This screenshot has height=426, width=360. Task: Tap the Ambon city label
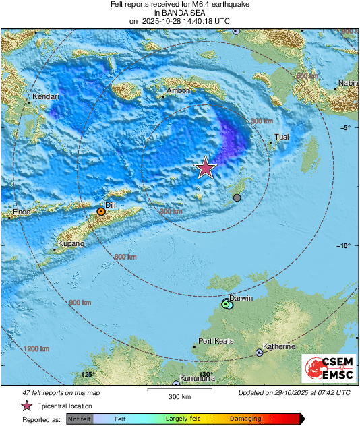179,90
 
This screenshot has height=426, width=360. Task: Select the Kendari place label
47,97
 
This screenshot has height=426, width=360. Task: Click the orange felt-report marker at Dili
100,212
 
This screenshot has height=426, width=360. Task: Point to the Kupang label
71,243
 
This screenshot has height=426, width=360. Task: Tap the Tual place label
282,137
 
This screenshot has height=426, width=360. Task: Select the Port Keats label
216,342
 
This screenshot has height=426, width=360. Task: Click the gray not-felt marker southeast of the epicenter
237,197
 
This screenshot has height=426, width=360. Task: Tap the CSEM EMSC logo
328,369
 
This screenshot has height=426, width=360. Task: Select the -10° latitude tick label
344,246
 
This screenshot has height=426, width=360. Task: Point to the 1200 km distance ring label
36,349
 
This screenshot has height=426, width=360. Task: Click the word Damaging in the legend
245,419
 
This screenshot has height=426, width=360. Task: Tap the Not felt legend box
80,419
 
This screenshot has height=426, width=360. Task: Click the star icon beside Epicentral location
27,406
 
